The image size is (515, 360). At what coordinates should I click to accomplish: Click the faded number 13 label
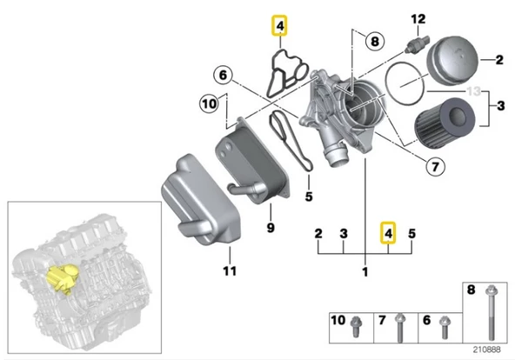pos(473,90)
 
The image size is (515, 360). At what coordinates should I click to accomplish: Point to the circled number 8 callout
pos(374,41)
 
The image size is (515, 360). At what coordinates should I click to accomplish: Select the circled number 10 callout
pos(209,104)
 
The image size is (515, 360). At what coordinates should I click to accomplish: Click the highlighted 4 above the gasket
pos(279,29)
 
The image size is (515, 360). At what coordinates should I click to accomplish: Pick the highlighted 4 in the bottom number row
pos(388,233)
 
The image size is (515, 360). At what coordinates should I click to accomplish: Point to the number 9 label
pos(271,229)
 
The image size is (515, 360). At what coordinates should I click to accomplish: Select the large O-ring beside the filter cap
pos(403,86)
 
